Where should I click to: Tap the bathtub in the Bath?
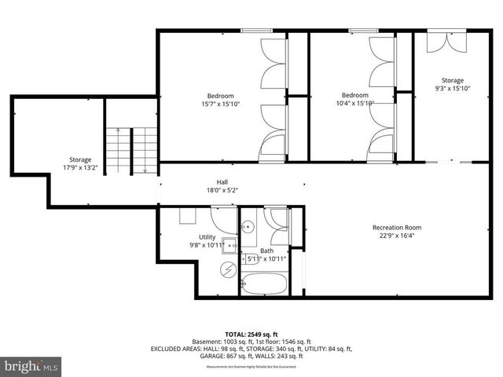[264, 283]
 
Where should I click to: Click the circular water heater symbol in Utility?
[229, 270]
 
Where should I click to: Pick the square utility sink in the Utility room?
[229, 244]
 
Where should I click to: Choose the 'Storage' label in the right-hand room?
[452, 80]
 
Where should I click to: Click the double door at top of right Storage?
[445, 42]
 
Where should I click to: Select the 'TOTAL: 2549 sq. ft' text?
[251, 334]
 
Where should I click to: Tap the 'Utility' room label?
[207, 236]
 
